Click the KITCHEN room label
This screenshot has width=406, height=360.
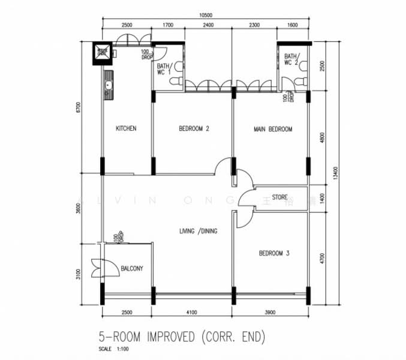[126, 128]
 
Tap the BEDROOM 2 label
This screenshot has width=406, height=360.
[194, 129]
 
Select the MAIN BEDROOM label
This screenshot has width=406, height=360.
[273, 129]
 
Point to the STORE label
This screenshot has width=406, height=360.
[280, 197]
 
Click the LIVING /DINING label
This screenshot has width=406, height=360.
[198, 231]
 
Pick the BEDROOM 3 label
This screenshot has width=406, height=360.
[274, 254]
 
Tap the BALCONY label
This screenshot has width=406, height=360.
[132, 269]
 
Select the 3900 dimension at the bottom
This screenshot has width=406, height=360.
[270, 312]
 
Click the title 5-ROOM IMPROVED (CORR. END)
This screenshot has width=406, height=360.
[182, 337]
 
